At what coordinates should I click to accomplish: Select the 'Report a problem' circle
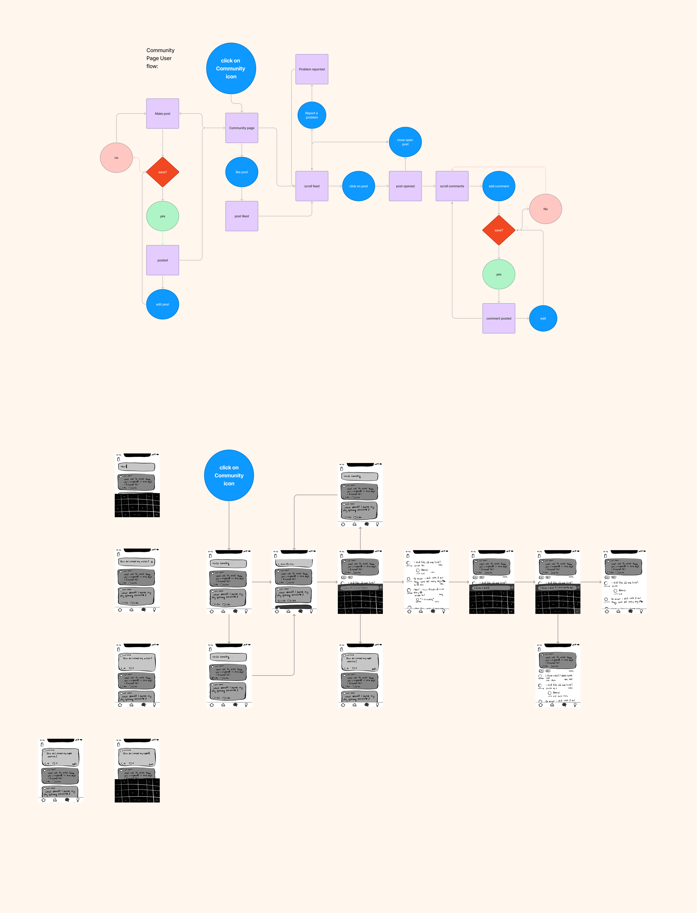pyautogui.click(x=312, y=115)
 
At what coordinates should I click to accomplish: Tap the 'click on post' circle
pyautogui.click(x=358, y=186)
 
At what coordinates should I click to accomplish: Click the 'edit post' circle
pyautogui.click(x=163, y=304)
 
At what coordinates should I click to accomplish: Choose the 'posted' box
pyautogui.click(x=163, y=260)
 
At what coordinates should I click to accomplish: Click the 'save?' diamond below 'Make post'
pyautogui.click(x=163, y=172)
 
